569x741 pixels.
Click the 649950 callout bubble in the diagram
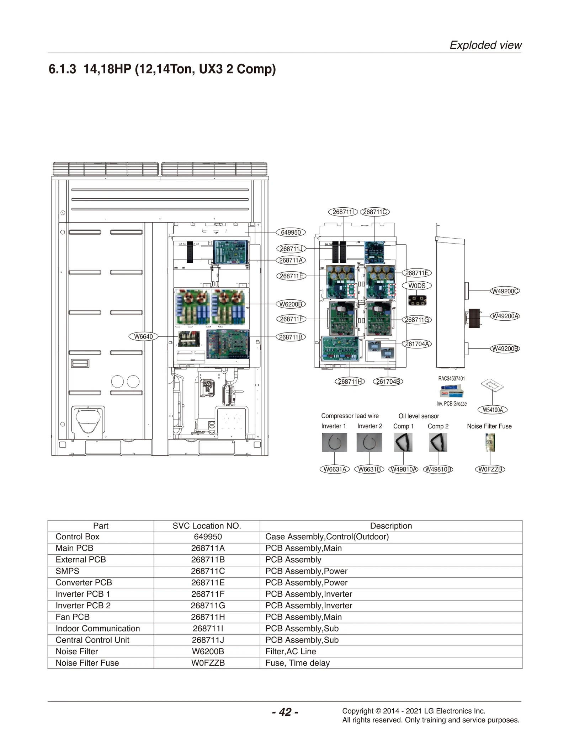[x=291, y=232]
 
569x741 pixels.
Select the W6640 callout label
[x=143, y=336]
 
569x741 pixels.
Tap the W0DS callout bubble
[x=416, y=286]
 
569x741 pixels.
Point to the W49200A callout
[x=505, y=316]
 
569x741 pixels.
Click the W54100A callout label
[x=492, y=410]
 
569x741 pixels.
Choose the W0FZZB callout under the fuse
[x=490, y=469]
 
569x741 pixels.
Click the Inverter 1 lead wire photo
[x=334, y=442]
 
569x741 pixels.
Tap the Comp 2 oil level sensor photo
[x=437, y=442]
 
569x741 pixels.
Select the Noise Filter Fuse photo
[x=490, y=442]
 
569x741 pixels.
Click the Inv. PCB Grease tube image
[x=451, y=392]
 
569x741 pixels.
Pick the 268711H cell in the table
[x=208, y=617]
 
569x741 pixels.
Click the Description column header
[x=390, y=526]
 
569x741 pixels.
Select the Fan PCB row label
[x=73, y=617]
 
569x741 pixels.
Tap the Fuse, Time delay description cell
[x=297, y=663]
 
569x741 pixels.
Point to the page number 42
[x=285, y=712]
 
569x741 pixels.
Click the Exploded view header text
[x=485, y=45]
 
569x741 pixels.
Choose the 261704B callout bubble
[x=388, y=382]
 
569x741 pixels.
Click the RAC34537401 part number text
[x=451, y=378]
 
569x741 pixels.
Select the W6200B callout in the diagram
[x=291, y=304]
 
